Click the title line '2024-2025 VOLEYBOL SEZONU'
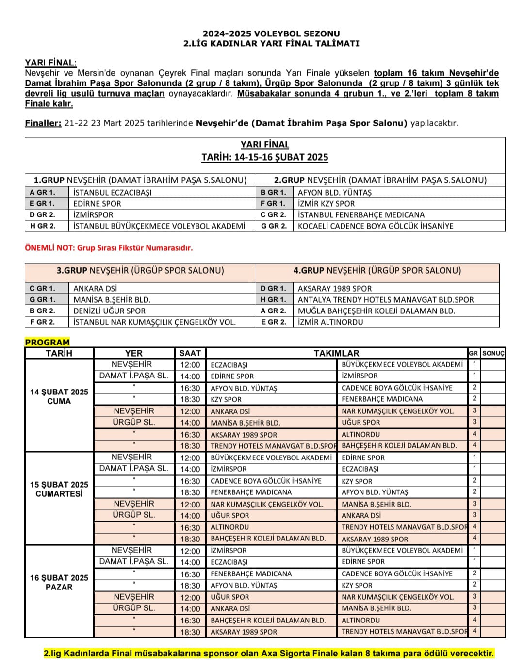click(x=271, y=33)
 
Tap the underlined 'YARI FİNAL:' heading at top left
click(x=50, y=63)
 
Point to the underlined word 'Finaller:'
click(x=43, y=123)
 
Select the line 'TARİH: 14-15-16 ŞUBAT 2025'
click(x=265, y=157)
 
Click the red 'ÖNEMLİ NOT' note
click(x=109, y=248)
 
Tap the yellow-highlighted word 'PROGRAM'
click(x=47, y=342)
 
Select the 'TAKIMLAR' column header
click(x=336, y=353)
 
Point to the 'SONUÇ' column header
click(x=493, y=353)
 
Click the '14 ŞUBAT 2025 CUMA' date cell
click(x=59, y=396)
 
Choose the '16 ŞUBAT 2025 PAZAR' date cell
click(x=59, y=582)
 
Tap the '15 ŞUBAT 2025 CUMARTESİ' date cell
click(x=59, y=489)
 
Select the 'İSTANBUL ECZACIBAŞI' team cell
click(x=113, y=193)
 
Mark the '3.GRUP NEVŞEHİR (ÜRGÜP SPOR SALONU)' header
click(x=140, y=271)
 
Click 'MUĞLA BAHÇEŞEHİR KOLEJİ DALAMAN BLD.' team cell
click(x=377, y=311)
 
